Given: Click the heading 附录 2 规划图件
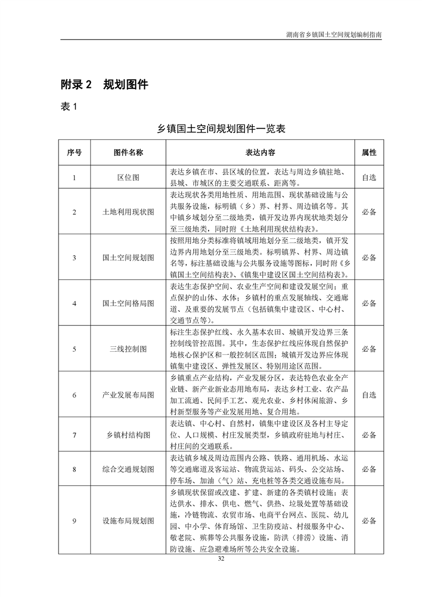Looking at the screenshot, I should click(104, 84).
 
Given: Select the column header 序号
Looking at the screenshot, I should click(75, 152).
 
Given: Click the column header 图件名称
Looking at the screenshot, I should click(128, 152).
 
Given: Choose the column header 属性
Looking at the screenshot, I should click(369, 152).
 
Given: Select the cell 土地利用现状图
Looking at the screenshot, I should click(128, 212).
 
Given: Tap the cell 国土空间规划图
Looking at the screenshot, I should click(128, 258).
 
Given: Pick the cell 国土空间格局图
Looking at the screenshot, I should click(128, 303).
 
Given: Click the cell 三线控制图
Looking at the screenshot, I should click(128, 349).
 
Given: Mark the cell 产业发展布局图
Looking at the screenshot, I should click(128, 395).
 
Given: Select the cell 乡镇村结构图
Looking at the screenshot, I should click(128, 435).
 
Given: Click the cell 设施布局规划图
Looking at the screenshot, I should click(128, 520).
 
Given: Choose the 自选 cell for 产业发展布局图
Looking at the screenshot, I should click(369, 395).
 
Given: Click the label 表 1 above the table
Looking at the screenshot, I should click(69, 107).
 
